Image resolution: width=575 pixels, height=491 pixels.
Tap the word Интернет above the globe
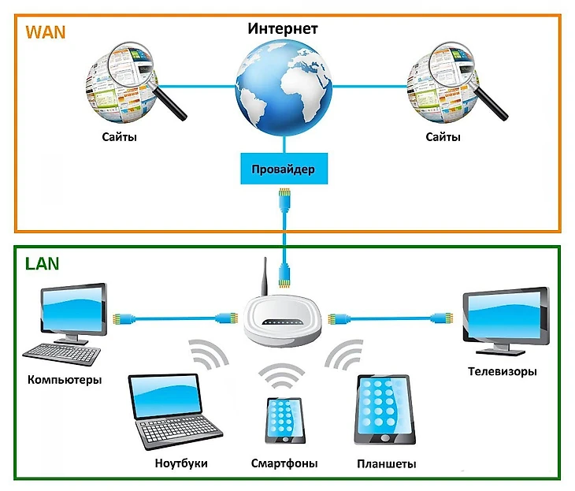tap(283, 29)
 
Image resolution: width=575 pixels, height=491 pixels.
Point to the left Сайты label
tap(119, 138)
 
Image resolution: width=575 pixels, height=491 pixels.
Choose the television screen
tap(505, 314)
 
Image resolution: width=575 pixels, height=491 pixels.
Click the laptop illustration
tap(169, 414)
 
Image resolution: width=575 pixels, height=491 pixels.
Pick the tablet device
tap(384, 409)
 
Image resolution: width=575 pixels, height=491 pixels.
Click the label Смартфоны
tap(284, 463)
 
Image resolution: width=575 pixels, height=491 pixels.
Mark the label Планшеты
tap(386, 464)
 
